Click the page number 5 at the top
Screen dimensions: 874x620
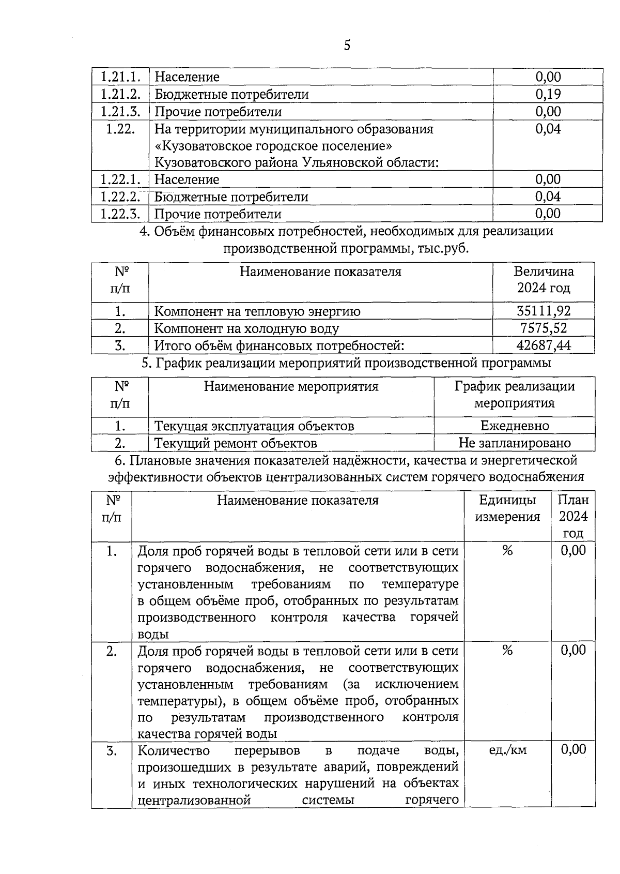point(347,46)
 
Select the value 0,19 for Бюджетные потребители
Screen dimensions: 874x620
point(548,94)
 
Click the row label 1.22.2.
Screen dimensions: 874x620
point(120,197)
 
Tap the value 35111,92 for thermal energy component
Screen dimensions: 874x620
point(544,311)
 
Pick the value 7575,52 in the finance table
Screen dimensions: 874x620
point(544,328)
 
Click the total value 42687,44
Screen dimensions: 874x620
point(544,345)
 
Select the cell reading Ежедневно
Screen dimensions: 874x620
point(515,426)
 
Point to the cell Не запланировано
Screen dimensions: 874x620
point(515,443)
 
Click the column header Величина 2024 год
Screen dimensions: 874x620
point(544,280)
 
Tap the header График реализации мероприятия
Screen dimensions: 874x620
point(515,394)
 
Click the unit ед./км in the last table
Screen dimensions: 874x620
point(507,749)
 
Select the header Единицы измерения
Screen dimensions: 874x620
point(507,508)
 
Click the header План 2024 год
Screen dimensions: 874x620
point(574,516)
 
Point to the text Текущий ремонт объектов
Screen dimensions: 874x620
point(236,443)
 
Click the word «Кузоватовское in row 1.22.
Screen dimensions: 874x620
point(198,146)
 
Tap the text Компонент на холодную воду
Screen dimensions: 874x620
point(246,328)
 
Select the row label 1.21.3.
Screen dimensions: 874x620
point(120,111)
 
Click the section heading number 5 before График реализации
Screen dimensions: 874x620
point(145,363)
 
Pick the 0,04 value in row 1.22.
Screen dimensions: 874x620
point(548,129)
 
